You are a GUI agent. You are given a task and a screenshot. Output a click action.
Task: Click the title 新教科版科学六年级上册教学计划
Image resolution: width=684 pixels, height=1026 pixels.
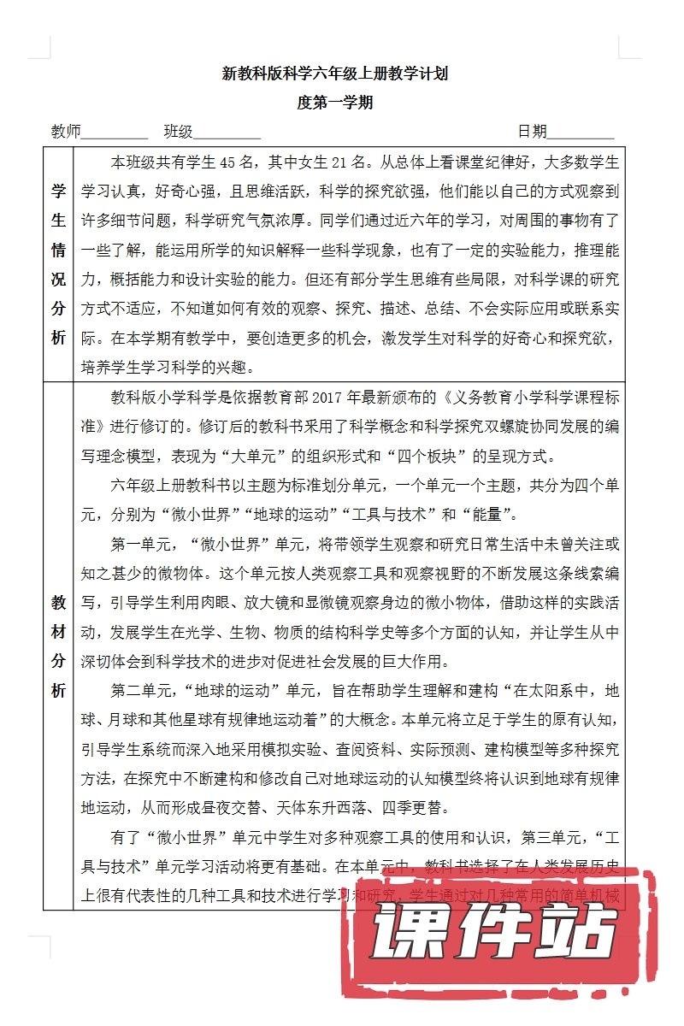click(x=335, y=74)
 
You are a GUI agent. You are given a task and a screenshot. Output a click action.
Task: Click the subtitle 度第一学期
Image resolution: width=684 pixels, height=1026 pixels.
click(x=335, y=103)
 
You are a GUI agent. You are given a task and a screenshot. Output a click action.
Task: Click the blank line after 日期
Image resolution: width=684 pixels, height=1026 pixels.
click(x=581, y=133)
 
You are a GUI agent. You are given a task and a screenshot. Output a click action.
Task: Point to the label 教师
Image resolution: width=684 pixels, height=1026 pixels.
click(x=66, y=132)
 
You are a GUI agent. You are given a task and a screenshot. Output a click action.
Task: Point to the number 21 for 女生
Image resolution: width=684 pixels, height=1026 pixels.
click(x=343, y=161)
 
